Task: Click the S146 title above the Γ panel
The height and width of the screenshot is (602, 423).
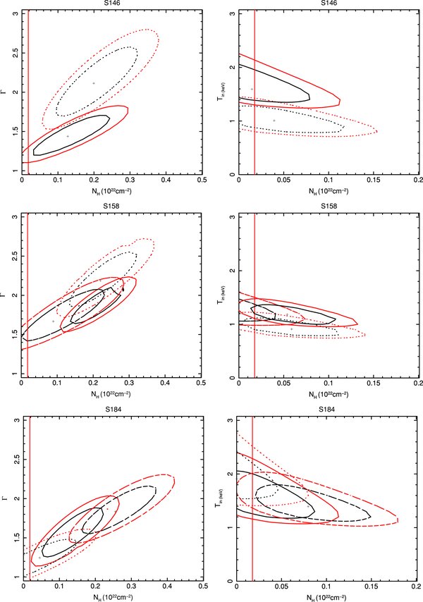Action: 113,4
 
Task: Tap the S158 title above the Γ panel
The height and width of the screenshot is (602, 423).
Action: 113,207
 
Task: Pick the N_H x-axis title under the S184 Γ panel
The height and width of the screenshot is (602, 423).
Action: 113,596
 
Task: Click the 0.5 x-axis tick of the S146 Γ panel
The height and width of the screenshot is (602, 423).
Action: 201,181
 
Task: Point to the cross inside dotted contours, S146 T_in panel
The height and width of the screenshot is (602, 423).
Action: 274,121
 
